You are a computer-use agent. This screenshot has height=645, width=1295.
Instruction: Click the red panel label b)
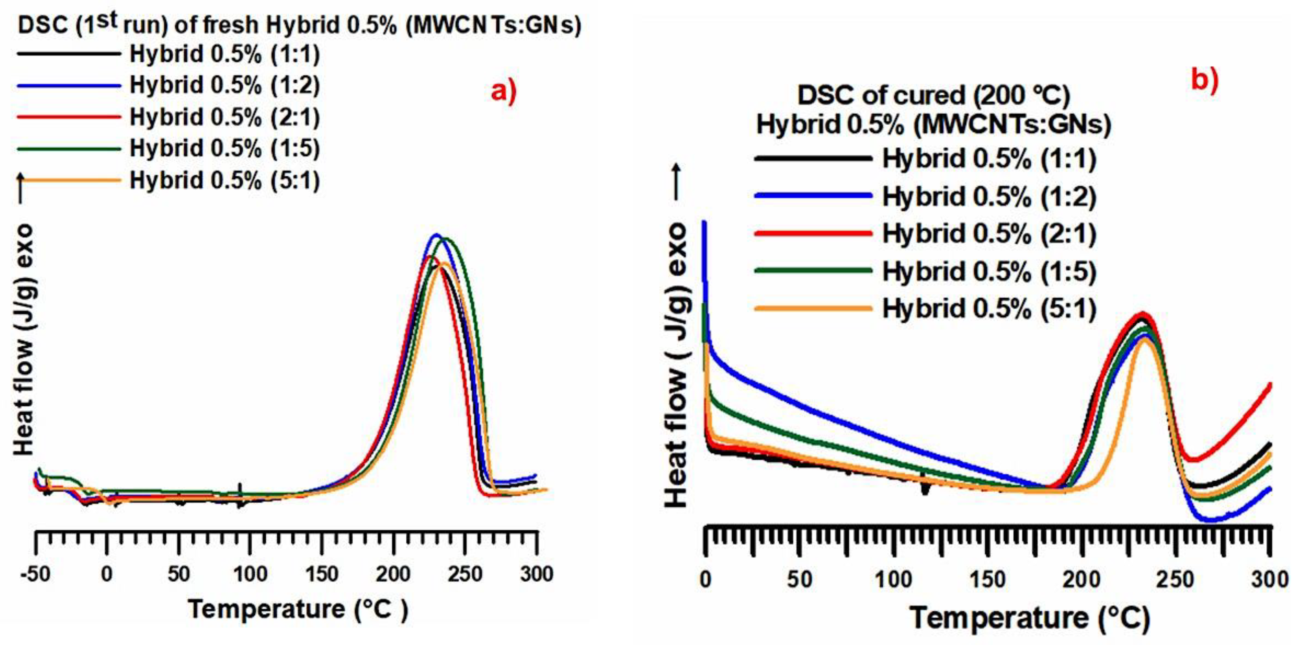point(1204,81)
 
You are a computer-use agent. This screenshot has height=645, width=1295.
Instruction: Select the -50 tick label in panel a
point(35,573)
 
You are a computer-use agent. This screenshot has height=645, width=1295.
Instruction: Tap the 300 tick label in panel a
point(537,573)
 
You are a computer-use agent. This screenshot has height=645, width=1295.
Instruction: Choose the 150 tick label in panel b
point(987,579)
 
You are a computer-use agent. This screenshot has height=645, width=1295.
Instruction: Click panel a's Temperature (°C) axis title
point(298,609)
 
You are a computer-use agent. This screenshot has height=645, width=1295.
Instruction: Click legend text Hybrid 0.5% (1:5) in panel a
point(224,149)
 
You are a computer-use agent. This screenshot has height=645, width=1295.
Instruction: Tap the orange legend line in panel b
point(813,308)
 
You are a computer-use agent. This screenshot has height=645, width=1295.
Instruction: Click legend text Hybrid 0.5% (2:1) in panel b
point(989,234)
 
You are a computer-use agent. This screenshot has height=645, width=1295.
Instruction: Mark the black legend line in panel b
point(813,159)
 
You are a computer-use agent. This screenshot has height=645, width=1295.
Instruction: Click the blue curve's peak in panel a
point(436,235)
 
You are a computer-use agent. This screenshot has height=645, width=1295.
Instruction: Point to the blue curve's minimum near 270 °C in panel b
point(1210,520)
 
